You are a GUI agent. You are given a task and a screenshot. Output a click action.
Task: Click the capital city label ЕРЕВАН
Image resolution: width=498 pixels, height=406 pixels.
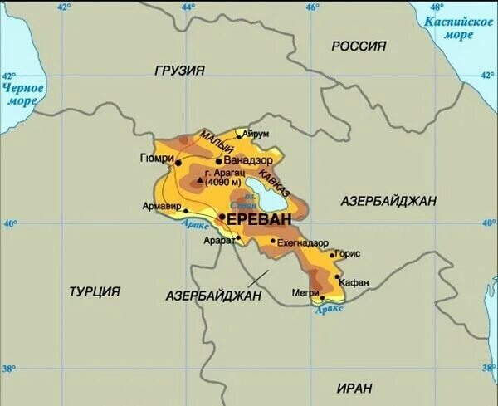coord(259,219)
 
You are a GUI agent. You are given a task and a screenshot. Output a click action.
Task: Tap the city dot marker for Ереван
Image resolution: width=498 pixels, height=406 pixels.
coord(222,217)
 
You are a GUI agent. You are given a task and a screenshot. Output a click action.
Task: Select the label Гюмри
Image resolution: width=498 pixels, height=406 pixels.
coord(158,158)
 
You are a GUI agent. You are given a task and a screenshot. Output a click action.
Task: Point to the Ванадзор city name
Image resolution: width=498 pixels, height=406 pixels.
coord(249,161)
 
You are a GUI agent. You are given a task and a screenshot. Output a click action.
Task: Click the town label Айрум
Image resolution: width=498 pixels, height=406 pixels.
coord(256,133)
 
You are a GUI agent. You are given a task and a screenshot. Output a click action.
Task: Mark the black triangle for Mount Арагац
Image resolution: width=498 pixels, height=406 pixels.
coord(200,177)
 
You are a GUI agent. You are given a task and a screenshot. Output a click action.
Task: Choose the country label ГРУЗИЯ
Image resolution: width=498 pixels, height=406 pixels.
coord(179,71)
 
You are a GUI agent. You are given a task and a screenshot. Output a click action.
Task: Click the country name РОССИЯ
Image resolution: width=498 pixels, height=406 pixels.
coord(359,46)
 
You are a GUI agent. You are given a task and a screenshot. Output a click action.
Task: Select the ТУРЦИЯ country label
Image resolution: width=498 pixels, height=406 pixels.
coord(95,291)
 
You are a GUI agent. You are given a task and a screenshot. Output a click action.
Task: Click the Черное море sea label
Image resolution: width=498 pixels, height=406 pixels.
coord(22,94)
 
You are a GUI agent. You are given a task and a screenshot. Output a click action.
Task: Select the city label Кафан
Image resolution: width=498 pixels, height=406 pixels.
coord(354,282)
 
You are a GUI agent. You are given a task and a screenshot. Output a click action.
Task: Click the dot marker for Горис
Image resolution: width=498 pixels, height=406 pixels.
coord(333,255)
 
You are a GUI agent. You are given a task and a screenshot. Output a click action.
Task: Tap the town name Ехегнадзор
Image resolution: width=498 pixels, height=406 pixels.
coord(303,242)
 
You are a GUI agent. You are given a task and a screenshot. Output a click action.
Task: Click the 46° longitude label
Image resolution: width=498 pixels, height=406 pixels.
coord(311,7)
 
